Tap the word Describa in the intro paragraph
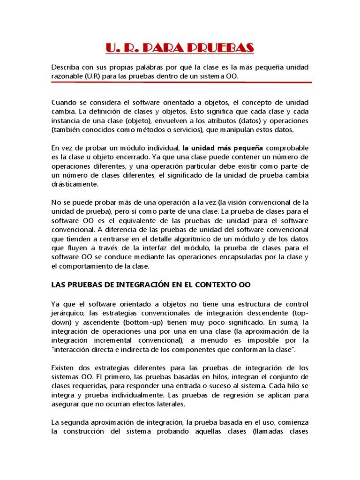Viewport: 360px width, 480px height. (x=65, y=67)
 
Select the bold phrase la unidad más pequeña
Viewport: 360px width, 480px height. (x=223, y=148)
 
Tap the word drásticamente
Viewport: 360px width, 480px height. (x=75, y=184)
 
